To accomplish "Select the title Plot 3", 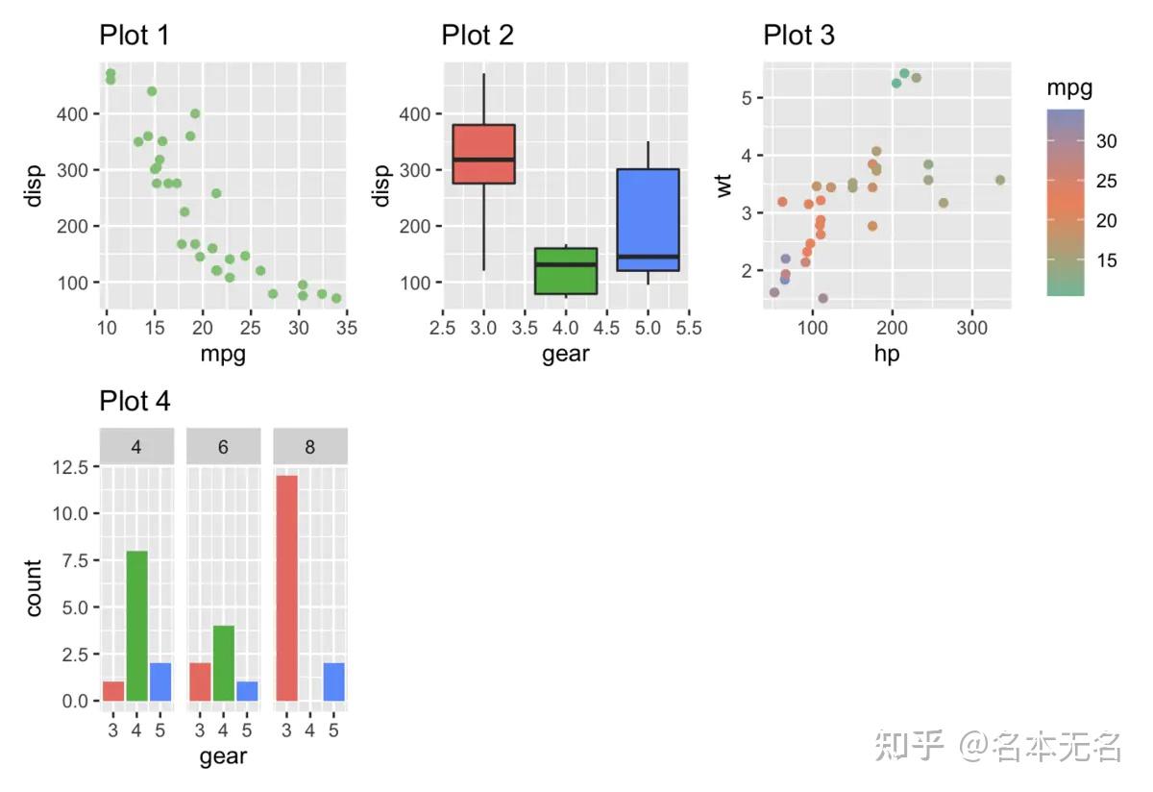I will tap(798, 36).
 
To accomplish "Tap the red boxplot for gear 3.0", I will tap(483, 154).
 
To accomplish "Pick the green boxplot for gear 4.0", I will tap(566, 270).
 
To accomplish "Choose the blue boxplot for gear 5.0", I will tap(648, 220).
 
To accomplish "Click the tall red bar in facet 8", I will tap(286, 588).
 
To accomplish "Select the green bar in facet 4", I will tap(136, 626).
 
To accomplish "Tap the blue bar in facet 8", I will tap(333, 681).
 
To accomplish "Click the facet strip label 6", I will tap(223, 447).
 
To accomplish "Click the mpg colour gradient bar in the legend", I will tap(1066, 201).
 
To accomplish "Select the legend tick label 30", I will tap(1107, 142).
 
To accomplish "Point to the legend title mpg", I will tap(1069, 89).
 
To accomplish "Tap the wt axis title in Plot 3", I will tap(724, 183).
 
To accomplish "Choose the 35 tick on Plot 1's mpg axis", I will tap(347, 328).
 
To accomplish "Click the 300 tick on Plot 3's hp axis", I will tap(972, 328).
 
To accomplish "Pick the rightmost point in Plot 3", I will tap(999, 180).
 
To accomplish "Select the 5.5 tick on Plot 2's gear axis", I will tap(688, 328).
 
